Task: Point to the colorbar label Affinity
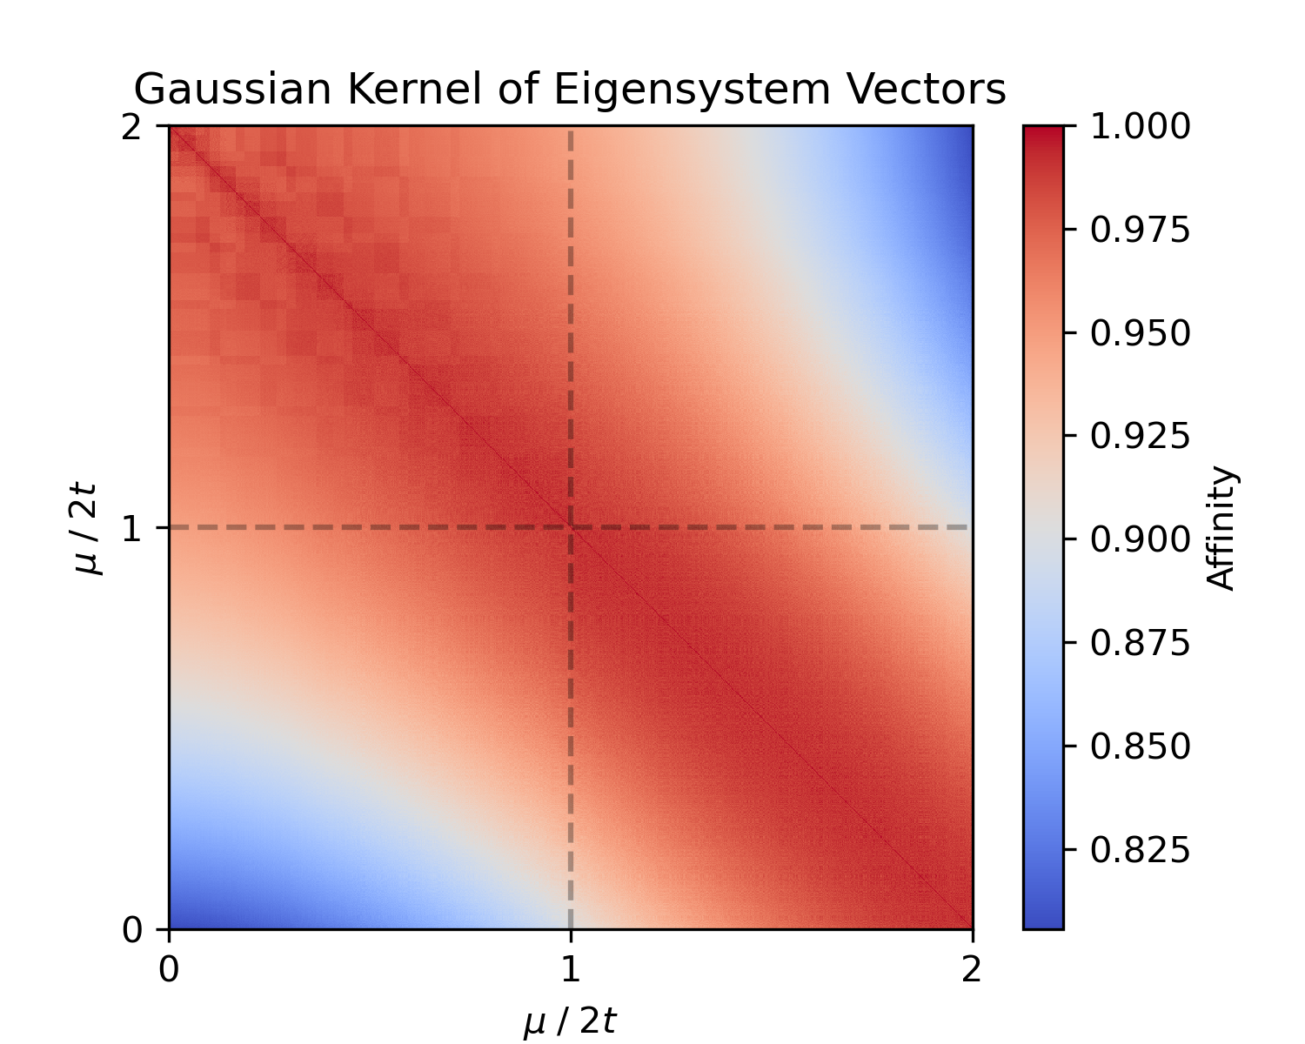(1223, 529)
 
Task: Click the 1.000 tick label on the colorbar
(1140, 127)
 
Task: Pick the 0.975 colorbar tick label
(1140, 231)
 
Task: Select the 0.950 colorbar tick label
(1140, 333)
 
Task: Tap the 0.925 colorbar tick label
(1140, 437)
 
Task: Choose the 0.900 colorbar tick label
(1140, 539)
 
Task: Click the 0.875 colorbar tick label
(1140, 643)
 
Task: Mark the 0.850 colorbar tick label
(1140, 746)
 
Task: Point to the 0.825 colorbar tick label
(1140, 849)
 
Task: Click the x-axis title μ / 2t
(570, 1021)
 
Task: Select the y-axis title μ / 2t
(88, 528)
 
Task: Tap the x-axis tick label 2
(972, 968)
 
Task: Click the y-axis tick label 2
(131, 128)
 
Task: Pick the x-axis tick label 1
(570, 968)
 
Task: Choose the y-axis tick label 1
(131, 529)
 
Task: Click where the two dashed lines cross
(571, 527)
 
